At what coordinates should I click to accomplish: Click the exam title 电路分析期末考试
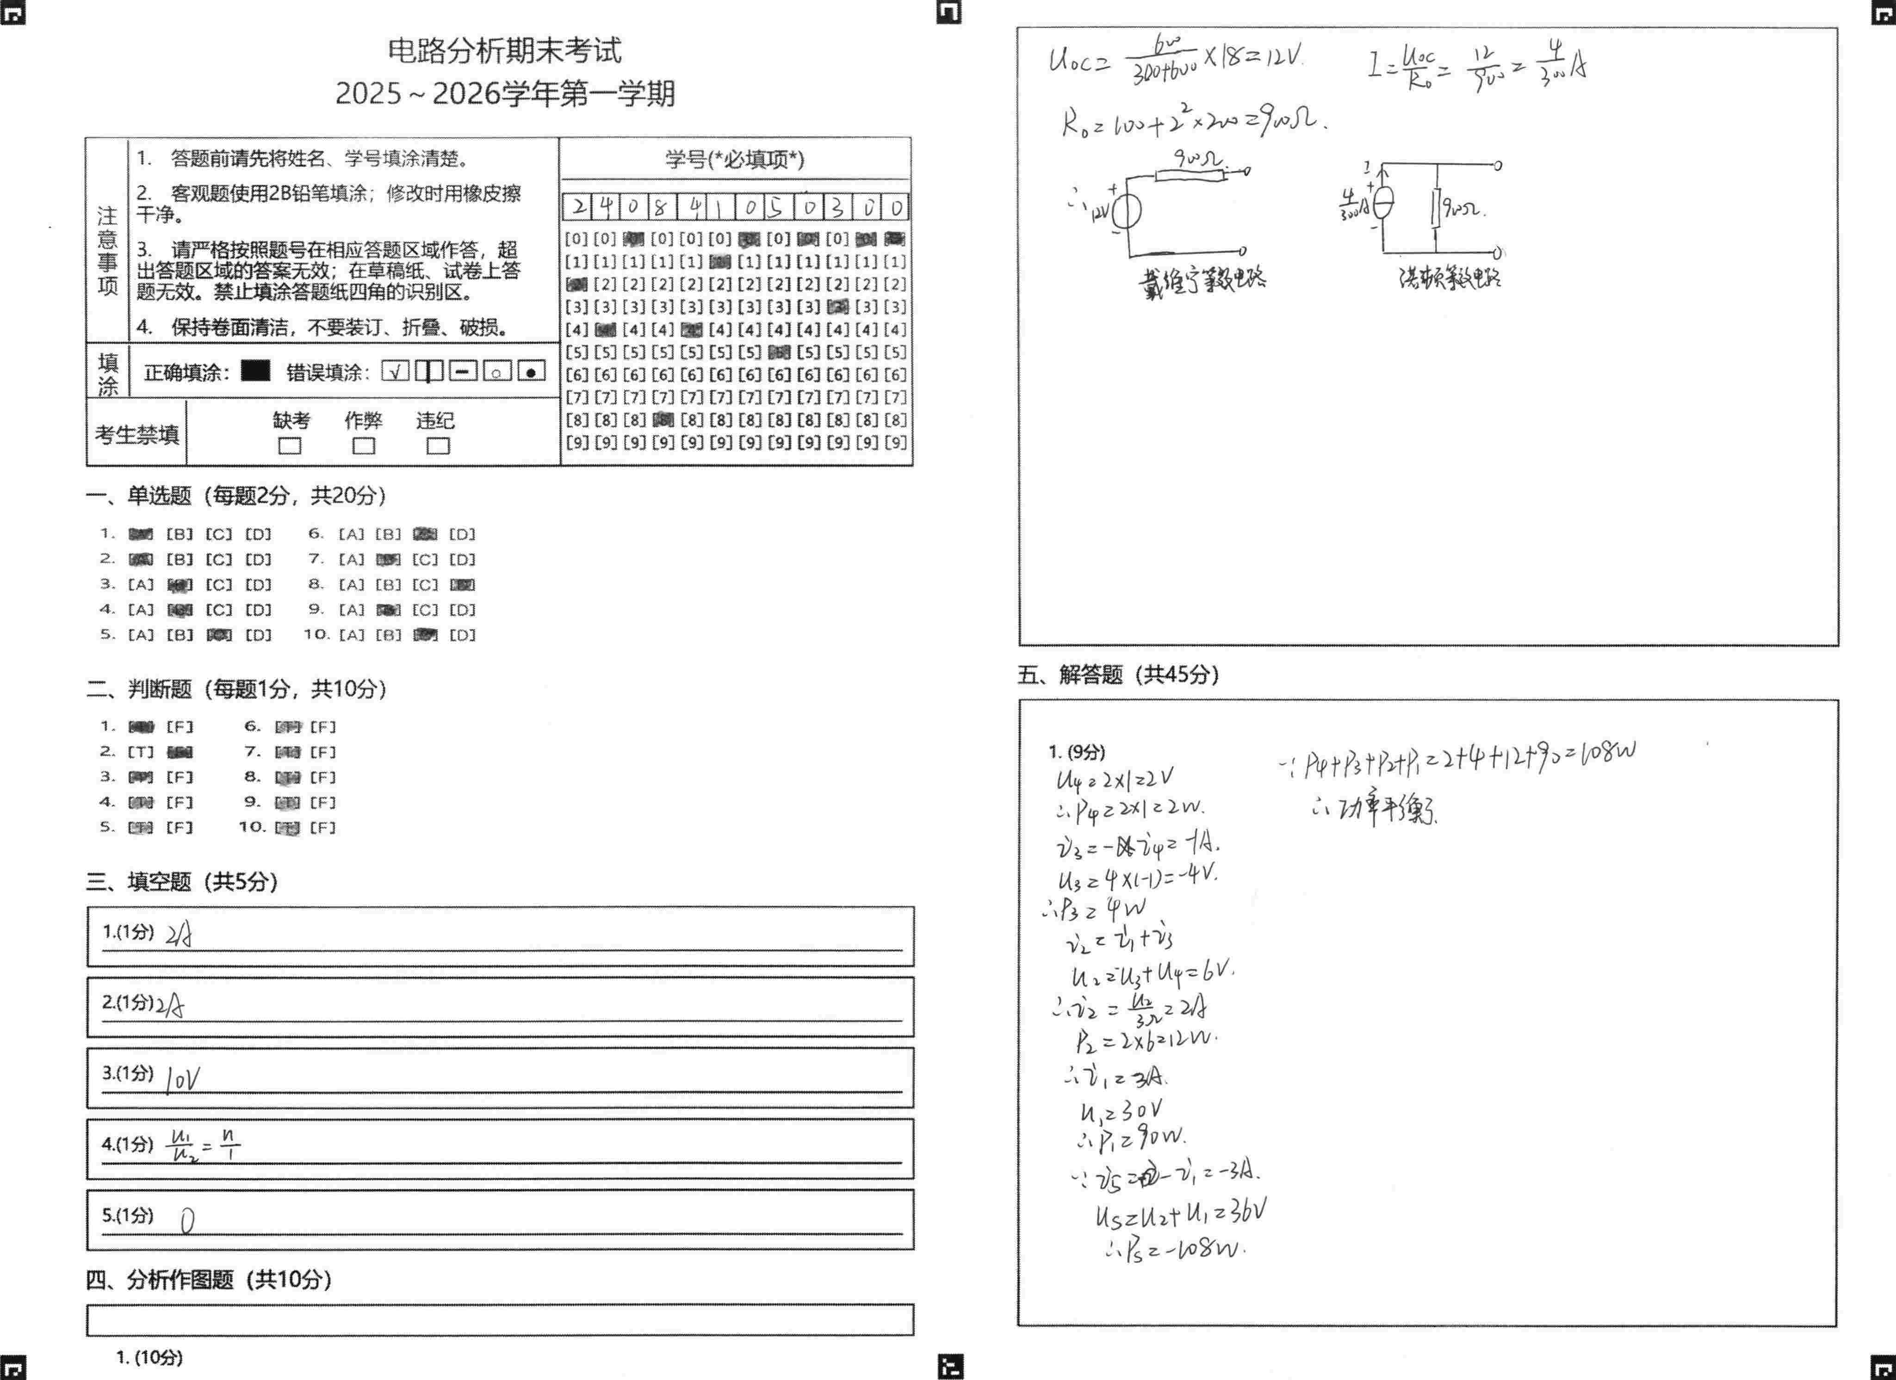click(x=504, y=51)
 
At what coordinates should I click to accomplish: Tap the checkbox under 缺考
click(x=290, y=446)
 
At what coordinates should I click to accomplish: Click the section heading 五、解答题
click(x=1118, y=675)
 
